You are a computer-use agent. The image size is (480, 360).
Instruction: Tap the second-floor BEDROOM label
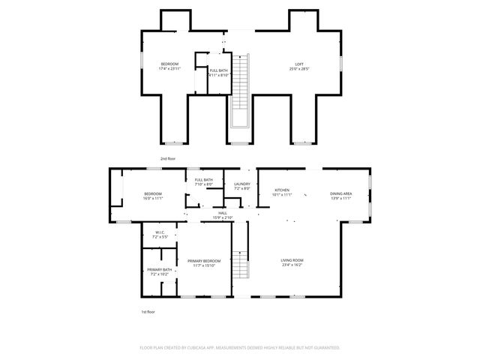pyautogui.click(x=169, y=64)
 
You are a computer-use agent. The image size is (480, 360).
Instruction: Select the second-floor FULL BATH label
pyautogui.click(x=219, y=70)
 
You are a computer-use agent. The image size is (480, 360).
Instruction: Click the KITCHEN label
pyautogui.click(x=282, y=190)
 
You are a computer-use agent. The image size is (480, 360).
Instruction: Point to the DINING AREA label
pyautogui.click(x=341, y=193)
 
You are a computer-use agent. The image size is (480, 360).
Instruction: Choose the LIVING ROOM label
pyautogui.click(x=292, y=260)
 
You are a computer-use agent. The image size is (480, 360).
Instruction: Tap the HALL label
pyautogui.click(x=223, y=213)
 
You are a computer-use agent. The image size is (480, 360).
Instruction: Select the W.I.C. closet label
pyautogui.click(x=160, y=232)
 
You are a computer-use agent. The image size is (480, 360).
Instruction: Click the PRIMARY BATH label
pyautogui.click(x=159, y=269)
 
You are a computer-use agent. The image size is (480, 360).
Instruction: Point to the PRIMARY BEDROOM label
pyautogui.click(x=204, y=260)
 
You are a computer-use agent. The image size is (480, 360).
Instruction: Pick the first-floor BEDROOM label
pyautogui.click(x=153, y=193)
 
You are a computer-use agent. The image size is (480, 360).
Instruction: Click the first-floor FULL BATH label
pyautogui.click(x=204, y=180)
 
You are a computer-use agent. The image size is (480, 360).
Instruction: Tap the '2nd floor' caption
pyautogui.click(x=168, y=159)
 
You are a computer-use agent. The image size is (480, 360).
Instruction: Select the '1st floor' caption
pyautogui.click(x=148, y=311)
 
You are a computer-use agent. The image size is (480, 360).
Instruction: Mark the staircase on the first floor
pyautogui.click(x=241, y=259)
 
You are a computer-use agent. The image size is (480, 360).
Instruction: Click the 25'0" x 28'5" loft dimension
pyautogui.click(x=298, y=69)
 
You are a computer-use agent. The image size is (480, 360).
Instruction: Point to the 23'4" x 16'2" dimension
pyautogui.click(x=292, y=265)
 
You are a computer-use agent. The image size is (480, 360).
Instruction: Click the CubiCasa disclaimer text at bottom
pyautogui.click(x=240, y=347)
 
